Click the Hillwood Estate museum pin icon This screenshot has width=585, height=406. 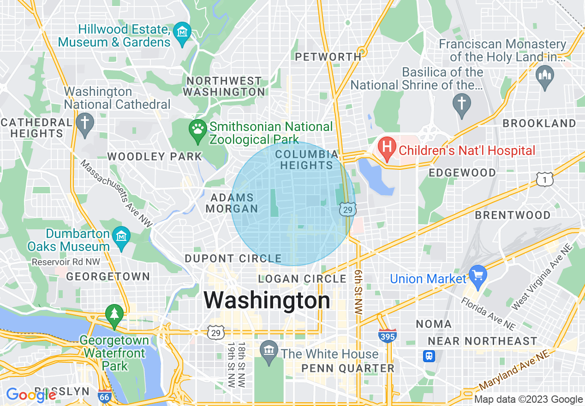click(x=183, y=33)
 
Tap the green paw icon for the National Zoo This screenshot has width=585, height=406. click(x=198, y=129)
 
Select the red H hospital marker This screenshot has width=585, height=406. click(x=387, y=147)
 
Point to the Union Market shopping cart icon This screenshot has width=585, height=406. click(x=478, y=275)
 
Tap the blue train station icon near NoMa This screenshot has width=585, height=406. click(x=430, y=356)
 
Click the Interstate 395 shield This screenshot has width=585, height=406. click(x=388, y=335)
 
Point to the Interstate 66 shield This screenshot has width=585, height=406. click(x=104, y=396)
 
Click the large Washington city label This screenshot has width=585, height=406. click(x=267, y=300)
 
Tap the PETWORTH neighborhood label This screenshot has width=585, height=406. click(x=328, y=57)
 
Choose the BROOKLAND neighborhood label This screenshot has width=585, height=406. click(x=539, y=124)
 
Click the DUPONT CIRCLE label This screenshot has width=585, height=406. click(x=233, y=258)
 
